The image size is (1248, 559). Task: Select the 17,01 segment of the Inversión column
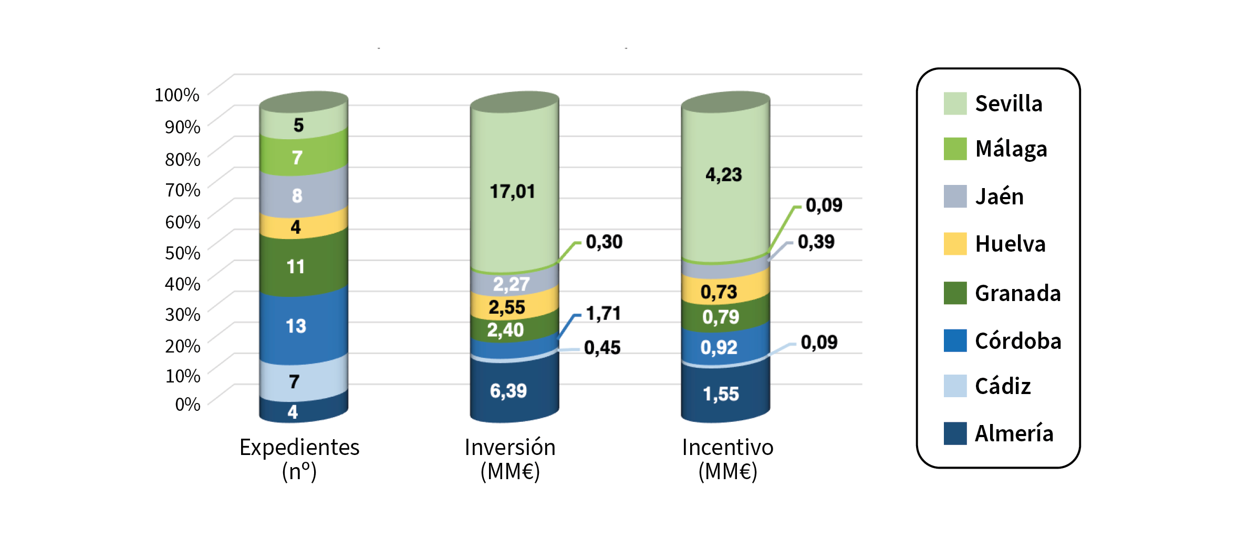pos(513,192)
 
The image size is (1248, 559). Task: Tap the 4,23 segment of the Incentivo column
pos(724,175)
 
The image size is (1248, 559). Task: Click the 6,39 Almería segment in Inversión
pos(508,391)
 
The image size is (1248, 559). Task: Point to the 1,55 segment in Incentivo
pos(721,394)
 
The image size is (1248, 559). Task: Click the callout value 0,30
pos(604,242)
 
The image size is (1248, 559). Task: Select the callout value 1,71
pos(603,314)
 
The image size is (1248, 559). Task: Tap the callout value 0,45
pos(602,348)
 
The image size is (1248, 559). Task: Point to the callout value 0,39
pos(816,242)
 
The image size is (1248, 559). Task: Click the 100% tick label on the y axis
pos(177,95)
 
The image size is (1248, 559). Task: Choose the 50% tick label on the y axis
pos(182,253)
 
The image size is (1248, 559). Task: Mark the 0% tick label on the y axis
pos(188,404)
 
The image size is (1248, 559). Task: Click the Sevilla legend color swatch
pos(955,103)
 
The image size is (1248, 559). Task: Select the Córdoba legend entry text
pos(1018,341)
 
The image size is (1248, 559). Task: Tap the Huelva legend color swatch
pos(955,244)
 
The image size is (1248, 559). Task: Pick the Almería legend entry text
pos(1014,433)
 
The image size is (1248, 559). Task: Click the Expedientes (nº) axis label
pos(299,459)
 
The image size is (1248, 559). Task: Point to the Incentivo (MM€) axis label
pos(727,459)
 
